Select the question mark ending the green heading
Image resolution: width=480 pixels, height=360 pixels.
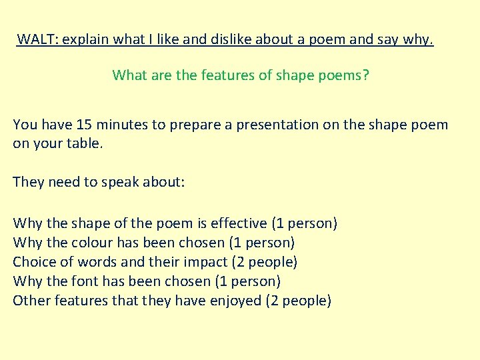point(365,75)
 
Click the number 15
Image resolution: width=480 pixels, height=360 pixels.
point(85,125)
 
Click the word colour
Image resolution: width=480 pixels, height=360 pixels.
point(91,243)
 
